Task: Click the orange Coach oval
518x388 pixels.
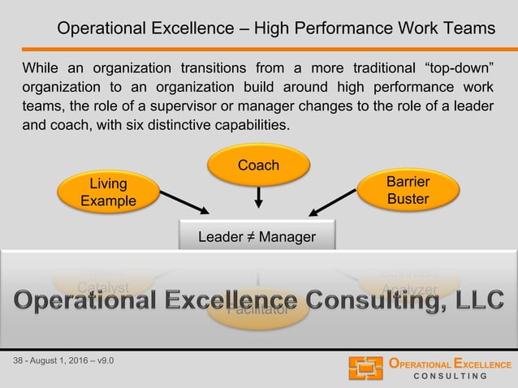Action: pyautogui.click(x=258, y=166)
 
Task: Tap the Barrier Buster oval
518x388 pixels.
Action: pyautogui.click(x=408, y=190)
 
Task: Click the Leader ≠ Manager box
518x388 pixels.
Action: pyautogui.click(x=257, y=237)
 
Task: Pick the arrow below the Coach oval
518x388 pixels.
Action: pyautogui.click(x=258, y=197)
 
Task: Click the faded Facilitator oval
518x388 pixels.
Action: pyautogui.click(x=257, y=310)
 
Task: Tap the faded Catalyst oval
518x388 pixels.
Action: pyautogui.click(x=102, y=284)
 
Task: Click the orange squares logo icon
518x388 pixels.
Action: pyautogui.click(x=365, y=368)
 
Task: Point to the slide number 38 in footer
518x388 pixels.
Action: pyautogui.click(x=17, y=360)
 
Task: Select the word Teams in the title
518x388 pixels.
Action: pyautogui.click(x=469, y=29)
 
